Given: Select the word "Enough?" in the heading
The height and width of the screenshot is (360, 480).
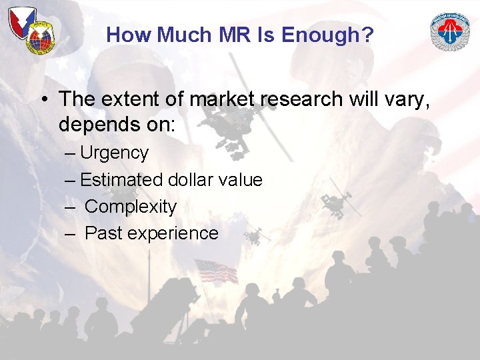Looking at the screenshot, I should coord(332,35).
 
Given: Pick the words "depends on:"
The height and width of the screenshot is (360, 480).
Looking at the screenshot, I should coord(117,125).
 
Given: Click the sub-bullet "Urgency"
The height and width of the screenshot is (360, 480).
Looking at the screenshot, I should coord(114,153).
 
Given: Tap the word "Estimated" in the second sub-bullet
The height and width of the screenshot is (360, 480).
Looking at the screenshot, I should coord(121,180).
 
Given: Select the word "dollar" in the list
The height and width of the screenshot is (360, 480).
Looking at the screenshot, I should coord(194,180).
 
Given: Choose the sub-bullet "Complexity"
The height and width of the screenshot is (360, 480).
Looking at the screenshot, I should coord(131,207).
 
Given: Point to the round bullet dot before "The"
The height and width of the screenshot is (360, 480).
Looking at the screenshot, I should coord(43,100).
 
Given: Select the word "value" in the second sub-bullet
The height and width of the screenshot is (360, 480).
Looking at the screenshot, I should coord(243,180).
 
